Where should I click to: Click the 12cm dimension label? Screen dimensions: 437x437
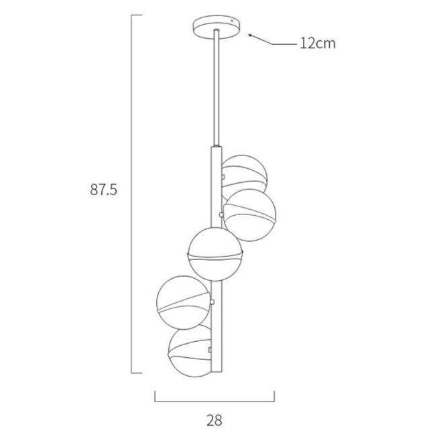pos(318,44)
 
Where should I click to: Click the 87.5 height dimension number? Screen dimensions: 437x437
pos(104,189)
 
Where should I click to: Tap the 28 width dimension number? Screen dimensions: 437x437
pos(214,420)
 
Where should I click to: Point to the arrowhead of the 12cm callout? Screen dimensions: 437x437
pos(250,35)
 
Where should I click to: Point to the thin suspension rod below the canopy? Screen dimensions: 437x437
pos(216,87)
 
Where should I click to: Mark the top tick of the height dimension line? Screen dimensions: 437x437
pos(137,15)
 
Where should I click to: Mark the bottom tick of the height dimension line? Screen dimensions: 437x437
pos(137,373)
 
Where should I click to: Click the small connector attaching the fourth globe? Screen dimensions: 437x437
pos(212,304)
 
